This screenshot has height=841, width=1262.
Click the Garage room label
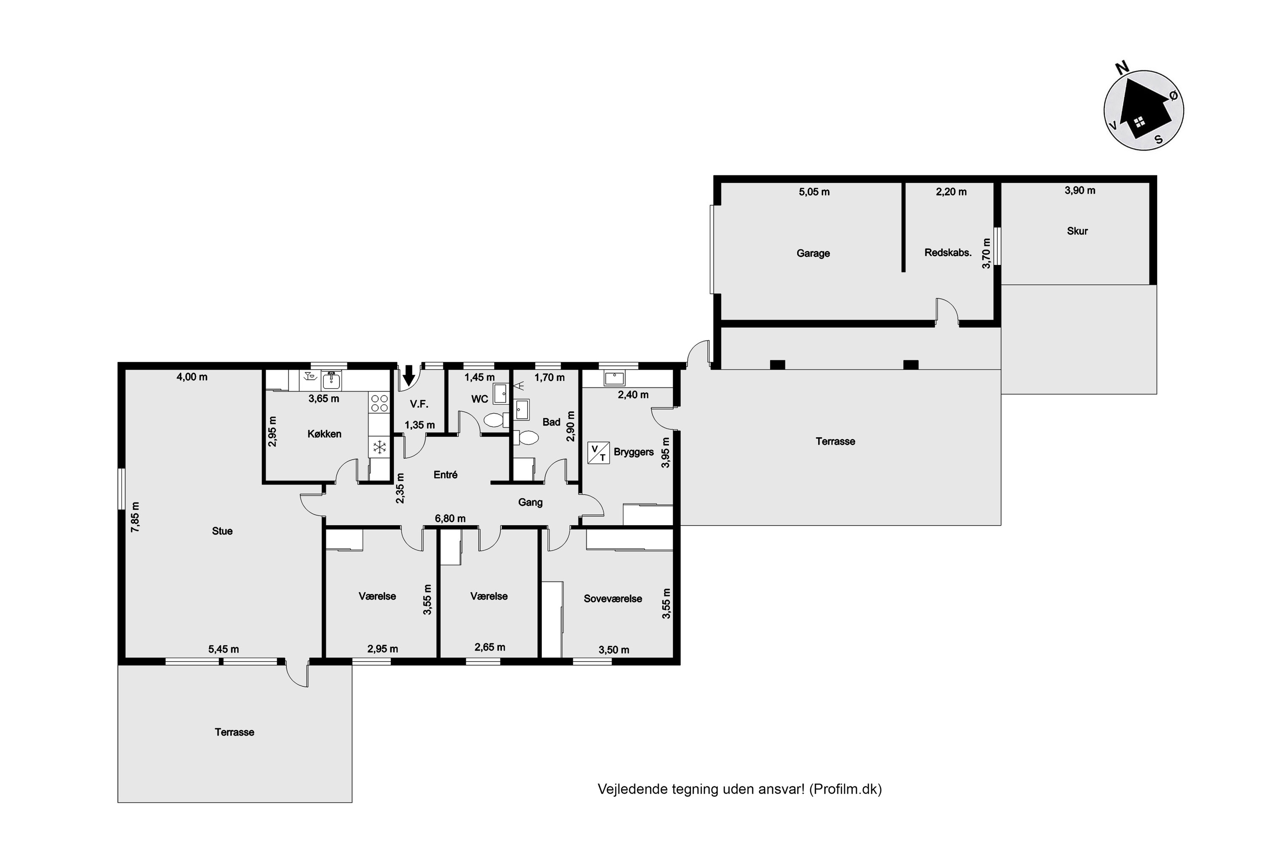pyautogui.click(x=813, y=253)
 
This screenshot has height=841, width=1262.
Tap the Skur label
pyautogui.click(x=1077, y=231)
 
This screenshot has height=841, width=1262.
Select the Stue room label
pyautogui.click(x=222, y=531)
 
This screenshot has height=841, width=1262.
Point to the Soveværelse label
pyautogui.click(x=613, y=598)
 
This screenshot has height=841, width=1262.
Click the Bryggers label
pyautogui.click(x=634, y=452)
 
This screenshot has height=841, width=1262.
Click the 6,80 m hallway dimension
pyautogui.click(x=450, y=518)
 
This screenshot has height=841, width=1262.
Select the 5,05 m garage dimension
pyautogui.click(x=814, y=192)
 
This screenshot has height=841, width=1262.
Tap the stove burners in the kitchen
pyautogui.click(x=379, y=403)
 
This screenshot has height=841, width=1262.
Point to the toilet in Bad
pyautogui.click(x=526, y=438)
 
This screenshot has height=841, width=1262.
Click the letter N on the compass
pyautogui.click(x=1122, y=68)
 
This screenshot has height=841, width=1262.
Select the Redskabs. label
pyautogui.click(x=948, y=253)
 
